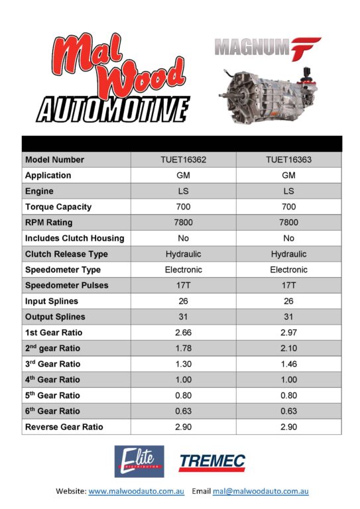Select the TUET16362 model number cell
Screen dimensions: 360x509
184,160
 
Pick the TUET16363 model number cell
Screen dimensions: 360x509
288,160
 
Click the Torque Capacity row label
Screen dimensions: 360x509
58,207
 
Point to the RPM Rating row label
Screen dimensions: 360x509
48,223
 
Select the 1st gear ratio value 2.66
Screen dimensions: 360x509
184,332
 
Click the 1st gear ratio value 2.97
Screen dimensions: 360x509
288,332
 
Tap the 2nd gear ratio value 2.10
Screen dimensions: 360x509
288,348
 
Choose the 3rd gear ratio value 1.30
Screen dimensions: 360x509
184,364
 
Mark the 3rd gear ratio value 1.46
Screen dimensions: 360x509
288,364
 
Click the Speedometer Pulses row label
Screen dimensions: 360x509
66,286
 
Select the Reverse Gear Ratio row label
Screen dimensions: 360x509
64,427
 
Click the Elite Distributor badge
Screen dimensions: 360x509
139,461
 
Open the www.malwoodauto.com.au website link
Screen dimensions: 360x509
136,492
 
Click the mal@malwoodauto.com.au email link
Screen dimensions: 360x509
261,492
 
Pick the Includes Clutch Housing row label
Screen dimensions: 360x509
74,239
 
